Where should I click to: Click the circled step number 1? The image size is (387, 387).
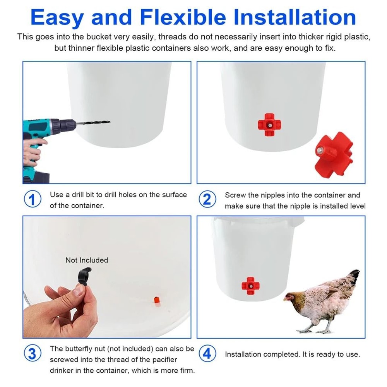coord(32,200)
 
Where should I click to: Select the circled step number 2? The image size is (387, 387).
coord(207,200)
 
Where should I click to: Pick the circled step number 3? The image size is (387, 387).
coord(32,354)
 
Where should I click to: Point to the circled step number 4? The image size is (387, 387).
coord(207,354)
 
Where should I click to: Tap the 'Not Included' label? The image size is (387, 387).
coord(87,260)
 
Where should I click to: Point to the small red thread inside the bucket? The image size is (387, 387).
coord(156,300)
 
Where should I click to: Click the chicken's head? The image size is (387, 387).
coord(289,297)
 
